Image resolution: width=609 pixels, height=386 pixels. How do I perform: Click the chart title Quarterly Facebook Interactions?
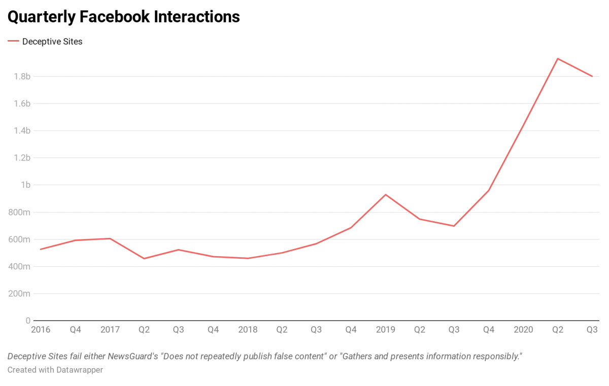pyautogui.click(x=123, y=17)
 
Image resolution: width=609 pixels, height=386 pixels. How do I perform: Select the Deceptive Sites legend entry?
pyautogui.click(x=52, y=42)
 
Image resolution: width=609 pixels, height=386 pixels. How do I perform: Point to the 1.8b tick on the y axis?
pyautogui.click(x=22, y=77)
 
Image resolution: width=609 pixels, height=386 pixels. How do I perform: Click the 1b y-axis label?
pyautogui.click(x=25, y=185)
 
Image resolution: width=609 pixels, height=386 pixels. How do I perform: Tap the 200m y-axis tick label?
pyautogui.click(x=19, y=294)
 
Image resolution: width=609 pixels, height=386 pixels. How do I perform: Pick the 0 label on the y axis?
pyautogui.click(x=28, y=321)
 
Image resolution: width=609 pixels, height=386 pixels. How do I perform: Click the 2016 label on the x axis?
pyautogui.click(x=41, y=330)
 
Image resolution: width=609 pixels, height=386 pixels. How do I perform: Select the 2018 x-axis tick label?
pyautogui.click(x=248, y=330)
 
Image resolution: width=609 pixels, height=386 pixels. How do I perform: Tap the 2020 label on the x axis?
pyautogui.click(x=523, y=330)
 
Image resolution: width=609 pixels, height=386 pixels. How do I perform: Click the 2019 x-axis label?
pyautogui.click(x=386, y=330)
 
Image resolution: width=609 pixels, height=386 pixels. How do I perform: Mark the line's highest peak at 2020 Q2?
pyautogui.click(x=558, y=58)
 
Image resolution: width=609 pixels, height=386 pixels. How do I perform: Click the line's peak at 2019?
pyautogui.click(x=386, y=194)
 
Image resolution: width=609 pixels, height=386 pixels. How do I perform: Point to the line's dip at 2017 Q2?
pyautogui.click(x=144, y=259)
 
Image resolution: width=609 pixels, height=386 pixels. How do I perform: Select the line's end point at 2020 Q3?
pyautogui.click(x=592, y=77)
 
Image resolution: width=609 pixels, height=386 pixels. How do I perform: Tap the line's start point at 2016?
pyautogui.click(x=41, y=249)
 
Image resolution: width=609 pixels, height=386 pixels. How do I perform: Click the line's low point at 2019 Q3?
pyautogui.click(x=454, y=226)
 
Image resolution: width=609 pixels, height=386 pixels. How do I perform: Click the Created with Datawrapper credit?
pyautogui.click(x=55, y=370)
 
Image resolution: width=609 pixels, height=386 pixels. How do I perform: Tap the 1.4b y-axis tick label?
pyautogui.click(x=22, y=131)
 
